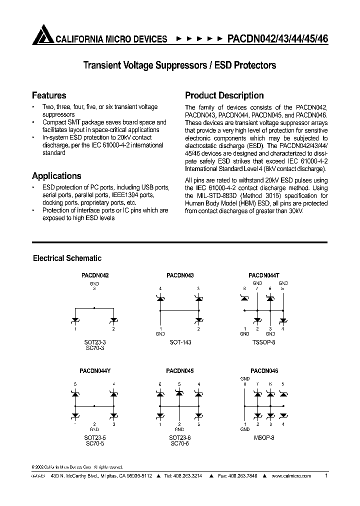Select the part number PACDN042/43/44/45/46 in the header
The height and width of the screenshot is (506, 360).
click(x=277, y=38)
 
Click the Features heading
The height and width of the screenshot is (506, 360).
click(x=49, y=95)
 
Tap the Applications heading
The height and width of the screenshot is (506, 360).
click(x=56, y=176)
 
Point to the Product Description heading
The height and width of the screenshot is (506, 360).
click(x=224, y=95)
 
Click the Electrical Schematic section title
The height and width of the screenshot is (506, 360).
click(x=67, y=258)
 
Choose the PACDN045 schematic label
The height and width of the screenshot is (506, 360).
click(x=180, y=371)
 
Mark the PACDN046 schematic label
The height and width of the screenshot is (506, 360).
click(x=264, y=371)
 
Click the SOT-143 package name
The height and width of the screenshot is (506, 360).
click(x=180, y=342)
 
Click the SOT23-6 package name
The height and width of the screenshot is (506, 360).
click(x=180, y=437)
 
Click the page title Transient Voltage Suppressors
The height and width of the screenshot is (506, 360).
click(x=179, y=65)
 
